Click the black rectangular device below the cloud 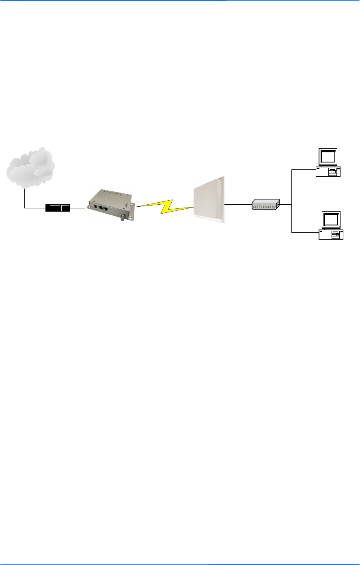pyautogui.click(x=58, y=208)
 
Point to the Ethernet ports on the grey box pyautogui.click(x=103, y=208)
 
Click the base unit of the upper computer pyautogui.click(x=328, y=172)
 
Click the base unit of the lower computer pyautogui.click(x=331, y=234)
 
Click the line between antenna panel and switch pyautogui.click(x=238, y=204)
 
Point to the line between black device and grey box pyautogui.click(x=78, y=208)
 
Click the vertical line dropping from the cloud pyautogui.click(x=24, y=198)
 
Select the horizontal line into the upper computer pyautogui.click(x=304, y=170)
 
